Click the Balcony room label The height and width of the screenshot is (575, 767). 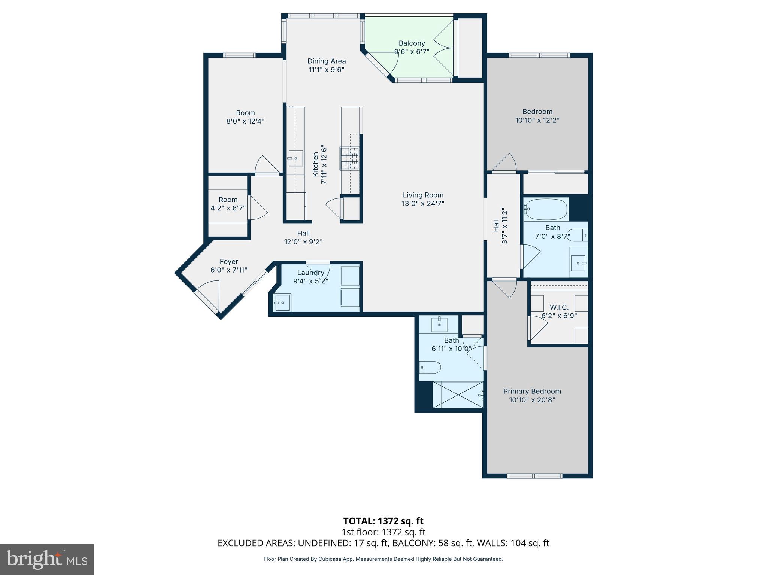pyautogui.click(x=412, y=43)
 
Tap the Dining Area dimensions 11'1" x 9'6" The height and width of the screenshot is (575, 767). pyautogui.click(x=327, y=70)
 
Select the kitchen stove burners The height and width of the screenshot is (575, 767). pyautogui.click(x=349, y=158)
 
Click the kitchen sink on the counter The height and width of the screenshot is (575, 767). pyautogui.click(x=295, y=158)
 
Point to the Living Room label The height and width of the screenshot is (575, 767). pyautogui.click(x=423, y=195)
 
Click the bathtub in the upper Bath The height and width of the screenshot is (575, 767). pyautogui.click(x=545, y=210)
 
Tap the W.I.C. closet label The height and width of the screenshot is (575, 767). pyautogui.click(x=559, y=307)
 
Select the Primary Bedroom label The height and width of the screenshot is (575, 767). pyautogui.click(x=532, y=391)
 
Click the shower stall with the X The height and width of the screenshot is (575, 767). pyautogui.click(x=458, y=395)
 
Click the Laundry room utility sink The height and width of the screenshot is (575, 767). pyautogui.click(x=282, y=302)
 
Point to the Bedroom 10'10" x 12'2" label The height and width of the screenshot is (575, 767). pyautogui.click(x=537, y=112)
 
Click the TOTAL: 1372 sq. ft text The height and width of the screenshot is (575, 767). pyautogui.click(x=383, y=521)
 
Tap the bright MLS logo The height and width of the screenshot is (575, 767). pyautogui.click(x=47, y=559)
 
